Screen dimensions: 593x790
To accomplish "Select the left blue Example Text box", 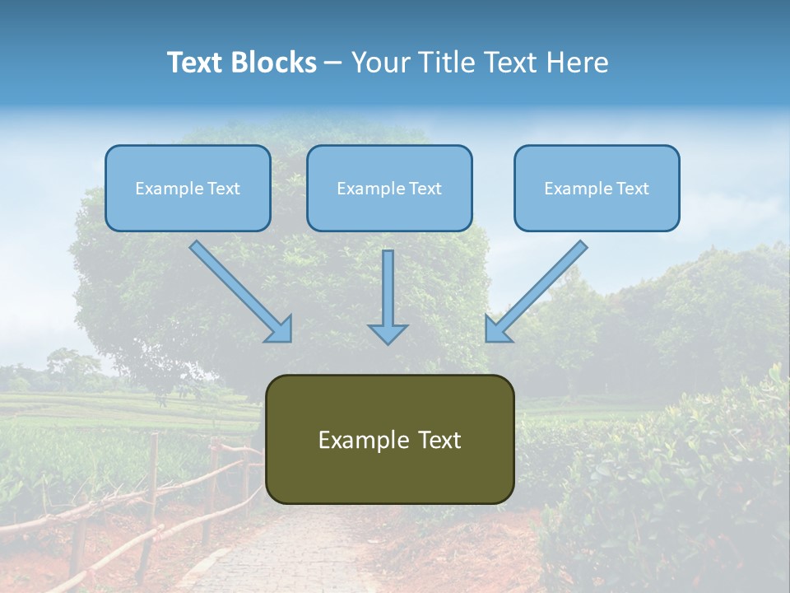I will pos(188,188).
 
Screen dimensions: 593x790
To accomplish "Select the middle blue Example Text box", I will pos(389,188).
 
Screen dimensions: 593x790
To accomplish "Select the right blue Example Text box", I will pos(597,188).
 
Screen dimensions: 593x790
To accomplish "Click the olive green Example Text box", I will pos(389,439).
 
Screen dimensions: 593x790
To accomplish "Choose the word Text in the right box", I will pos(632,188).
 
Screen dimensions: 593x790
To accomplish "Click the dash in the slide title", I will pos(333,63).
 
